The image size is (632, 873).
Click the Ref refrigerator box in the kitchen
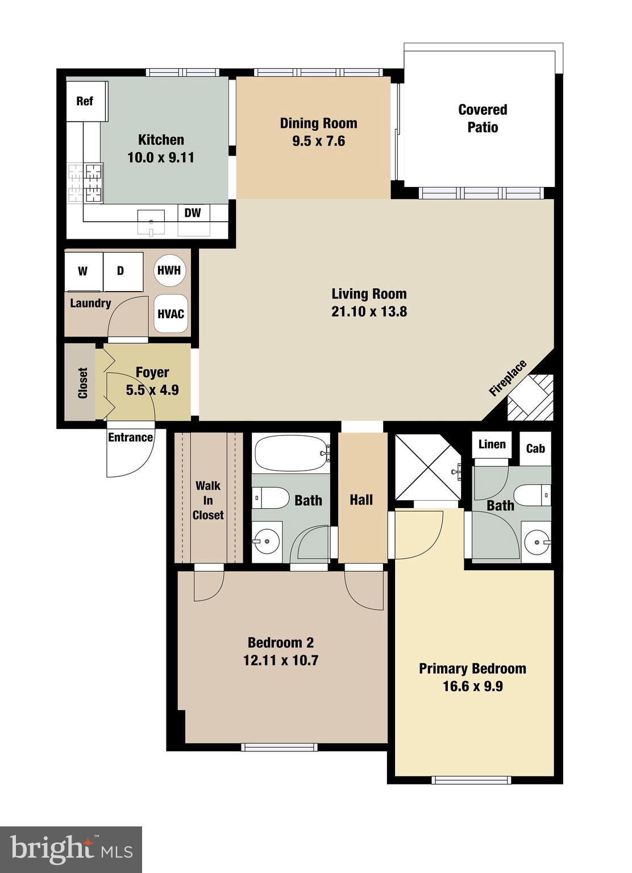pos(86,101)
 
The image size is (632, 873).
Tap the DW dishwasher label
pos(193,213)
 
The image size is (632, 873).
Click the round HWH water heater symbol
pos(169,270)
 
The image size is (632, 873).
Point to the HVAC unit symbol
pos(170,314)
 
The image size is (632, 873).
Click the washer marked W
pos(83,271)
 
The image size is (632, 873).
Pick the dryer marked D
pos(121,271)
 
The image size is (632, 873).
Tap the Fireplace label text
pos(508,378)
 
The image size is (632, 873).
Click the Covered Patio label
pos(483,118)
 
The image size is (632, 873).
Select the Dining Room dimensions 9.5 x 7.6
pos(318,141)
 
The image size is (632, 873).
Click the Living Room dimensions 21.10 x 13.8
pos(369,311)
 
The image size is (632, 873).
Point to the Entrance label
pos(130,437)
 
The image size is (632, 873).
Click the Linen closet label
pos(492,444)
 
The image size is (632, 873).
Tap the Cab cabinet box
pos(535,448)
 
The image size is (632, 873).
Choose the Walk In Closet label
pos(208,500)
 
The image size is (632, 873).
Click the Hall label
pos(361,500)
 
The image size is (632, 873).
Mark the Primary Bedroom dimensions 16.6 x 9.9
pos(472,686)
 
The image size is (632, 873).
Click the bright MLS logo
pos(71,849)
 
